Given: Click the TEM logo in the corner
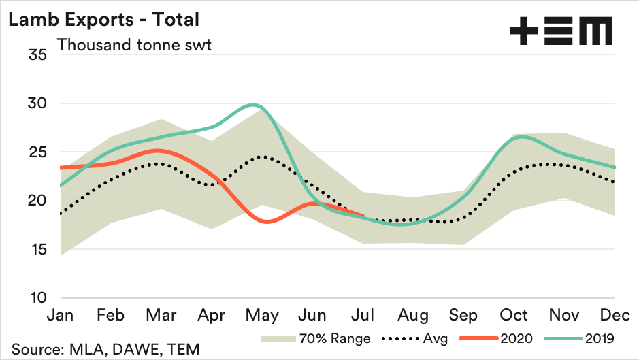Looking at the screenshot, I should coord(561,31).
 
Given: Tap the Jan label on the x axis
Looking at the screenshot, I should coord(61,316).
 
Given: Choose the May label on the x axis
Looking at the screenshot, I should coord(262,316).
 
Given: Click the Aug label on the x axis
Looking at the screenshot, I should coord(414,316).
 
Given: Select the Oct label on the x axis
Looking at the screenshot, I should coord(514,316).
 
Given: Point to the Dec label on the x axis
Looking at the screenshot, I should coord(615,316).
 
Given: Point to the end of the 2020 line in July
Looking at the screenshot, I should coord(365,216).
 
